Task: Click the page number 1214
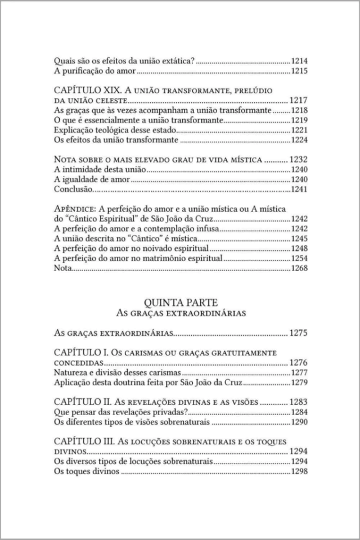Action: pos(298,61)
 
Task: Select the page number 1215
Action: pos(298,71)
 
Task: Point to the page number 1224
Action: pos(298,141)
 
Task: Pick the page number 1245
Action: pos(298,238)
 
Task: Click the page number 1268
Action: pos(298,269)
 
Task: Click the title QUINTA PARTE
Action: pos(180,300)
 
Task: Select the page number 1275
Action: pos(298,333)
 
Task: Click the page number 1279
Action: pos(298,383)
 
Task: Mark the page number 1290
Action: pos(298,422)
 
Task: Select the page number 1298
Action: pos(298,472)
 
